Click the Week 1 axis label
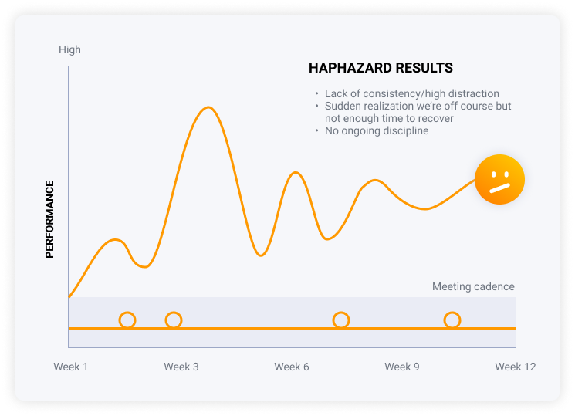point(71,367)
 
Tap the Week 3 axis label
point(181,367)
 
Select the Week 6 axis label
point(292,367)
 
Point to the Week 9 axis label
point(402,367)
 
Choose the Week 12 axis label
point(516,367)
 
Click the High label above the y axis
point(69,49)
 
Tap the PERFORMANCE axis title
point(49,219)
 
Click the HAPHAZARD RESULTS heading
point(381,68)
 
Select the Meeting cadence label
point(473,286)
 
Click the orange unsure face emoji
point(499,179)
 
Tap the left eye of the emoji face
point(494,175)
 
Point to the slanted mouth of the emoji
point(500,188)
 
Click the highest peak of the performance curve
point(208,107)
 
